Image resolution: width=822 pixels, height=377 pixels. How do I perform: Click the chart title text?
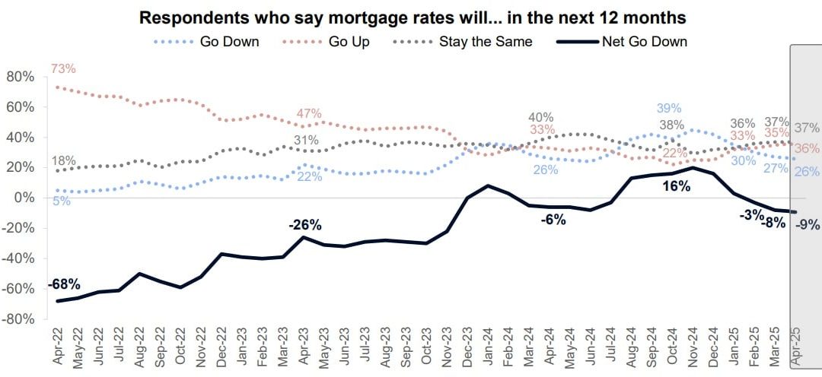pos(411,17)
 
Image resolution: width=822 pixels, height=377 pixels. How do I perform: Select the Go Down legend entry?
pos(228,42)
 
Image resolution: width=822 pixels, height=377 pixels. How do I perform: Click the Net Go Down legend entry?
pos(645,42)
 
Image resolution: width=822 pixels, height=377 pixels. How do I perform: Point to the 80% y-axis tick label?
pos(20,77)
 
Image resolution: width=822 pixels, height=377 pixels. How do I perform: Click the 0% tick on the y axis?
pos(25,198)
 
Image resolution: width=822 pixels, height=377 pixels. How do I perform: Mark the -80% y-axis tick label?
pos(18,319)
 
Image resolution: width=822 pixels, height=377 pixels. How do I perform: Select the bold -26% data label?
pos(305,225)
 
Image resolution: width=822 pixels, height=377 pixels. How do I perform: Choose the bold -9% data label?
pos(806,224)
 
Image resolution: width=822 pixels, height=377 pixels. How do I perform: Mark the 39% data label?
pos(670,109)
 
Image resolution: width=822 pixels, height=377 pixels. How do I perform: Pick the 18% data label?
pos(63,160)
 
